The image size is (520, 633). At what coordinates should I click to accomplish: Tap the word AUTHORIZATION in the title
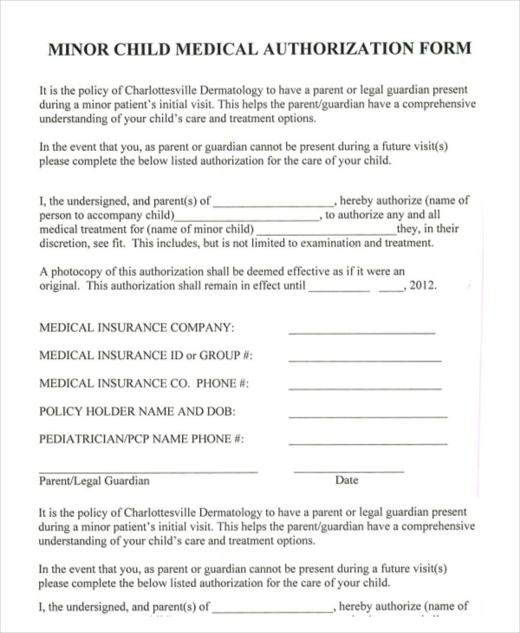coord(341,49)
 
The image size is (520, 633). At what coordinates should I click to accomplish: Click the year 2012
coord(422,285)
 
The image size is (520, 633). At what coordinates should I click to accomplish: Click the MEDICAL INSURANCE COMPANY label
coord(136,328)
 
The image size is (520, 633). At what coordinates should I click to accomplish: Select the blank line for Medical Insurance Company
coord(361,332)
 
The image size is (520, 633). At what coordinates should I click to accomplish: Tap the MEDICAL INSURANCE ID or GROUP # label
coord(146,356)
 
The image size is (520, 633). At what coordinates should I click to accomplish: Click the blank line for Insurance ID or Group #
coord(364,360)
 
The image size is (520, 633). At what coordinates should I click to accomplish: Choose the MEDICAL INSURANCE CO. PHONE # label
coord(144,383)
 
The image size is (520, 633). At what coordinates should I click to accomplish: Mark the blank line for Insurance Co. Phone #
coord(364,388)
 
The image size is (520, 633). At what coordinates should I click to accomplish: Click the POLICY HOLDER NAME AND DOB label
coord(137,411)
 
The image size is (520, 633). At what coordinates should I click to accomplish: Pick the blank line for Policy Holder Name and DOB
coord(364,415)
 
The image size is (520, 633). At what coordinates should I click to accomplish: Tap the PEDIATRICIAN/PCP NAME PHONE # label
coord(141,439)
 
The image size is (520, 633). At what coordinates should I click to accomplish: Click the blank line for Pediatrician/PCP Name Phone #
coord(367,443)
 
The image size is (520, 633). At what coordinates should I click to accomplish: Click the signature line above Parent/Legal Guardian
coord(148,471)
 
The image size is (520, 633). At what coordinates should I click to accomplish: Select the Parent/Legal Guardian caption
coord(94,481)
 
